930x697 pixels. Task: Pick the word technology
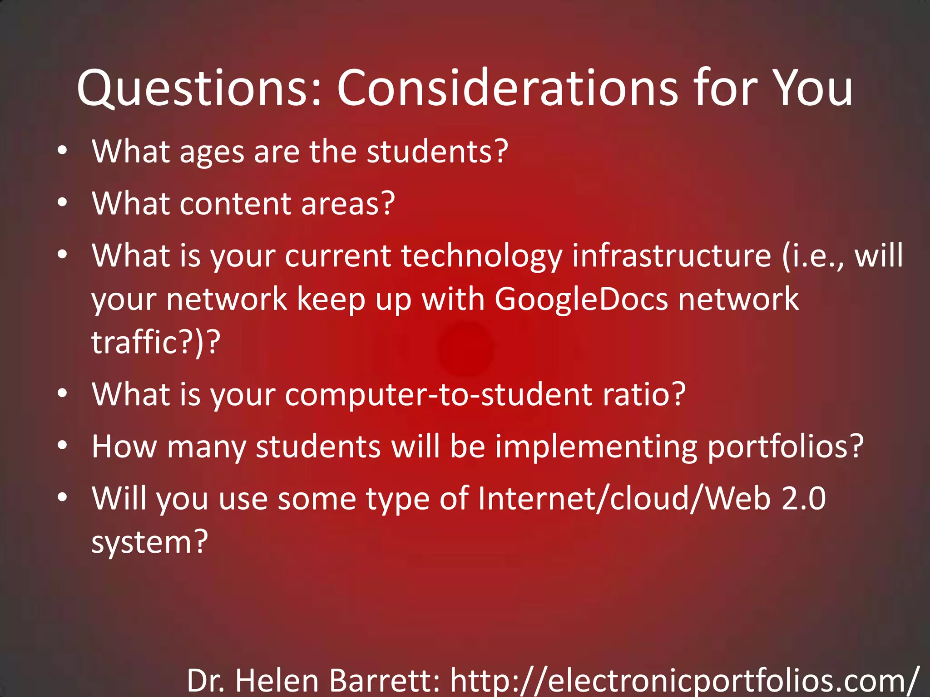481,256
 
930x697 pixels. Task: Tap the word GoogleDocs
581,299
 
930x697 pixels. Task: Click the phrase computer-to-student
439,395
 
